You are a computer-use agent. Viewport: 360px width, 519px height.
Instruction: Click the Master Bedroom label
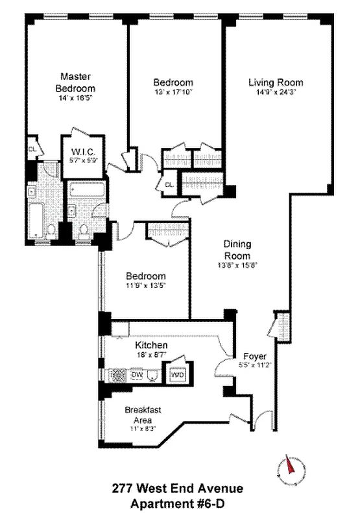[x=75, y=82]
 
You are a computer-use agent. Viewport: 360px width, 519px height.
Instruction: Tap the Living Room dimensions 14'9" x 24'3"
[x=276, y=92]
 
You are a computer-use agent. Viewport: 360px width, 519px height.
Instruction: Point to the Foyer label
[x=254, y=356]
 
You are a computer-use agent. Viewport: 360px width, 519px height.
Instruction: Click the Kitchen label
[x=152, y=346]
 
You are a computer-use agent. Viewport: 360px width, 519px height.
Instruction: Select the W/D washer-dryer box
[x=177, y=375]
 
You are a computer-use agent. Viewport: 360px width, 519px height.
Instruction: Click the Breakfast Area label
[x=143, y=415]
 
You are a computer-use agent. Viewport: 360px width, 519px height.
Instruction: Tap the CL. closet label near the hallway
[x=169, y=185]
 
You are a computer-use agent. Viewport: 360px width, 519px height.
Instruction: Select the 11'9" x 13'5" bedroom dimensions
[x=145, y=285]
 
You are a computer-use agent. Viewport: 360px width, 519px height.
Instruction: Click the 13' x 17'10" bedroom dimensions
[x=173, y=92]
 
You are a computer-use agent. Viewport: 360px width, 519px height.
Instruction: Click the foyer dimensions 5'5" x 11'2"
[x=254, y=365]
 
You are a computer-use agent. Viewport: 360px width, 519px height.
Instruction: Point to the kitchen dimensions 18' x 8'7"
[x=152, y=355]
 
